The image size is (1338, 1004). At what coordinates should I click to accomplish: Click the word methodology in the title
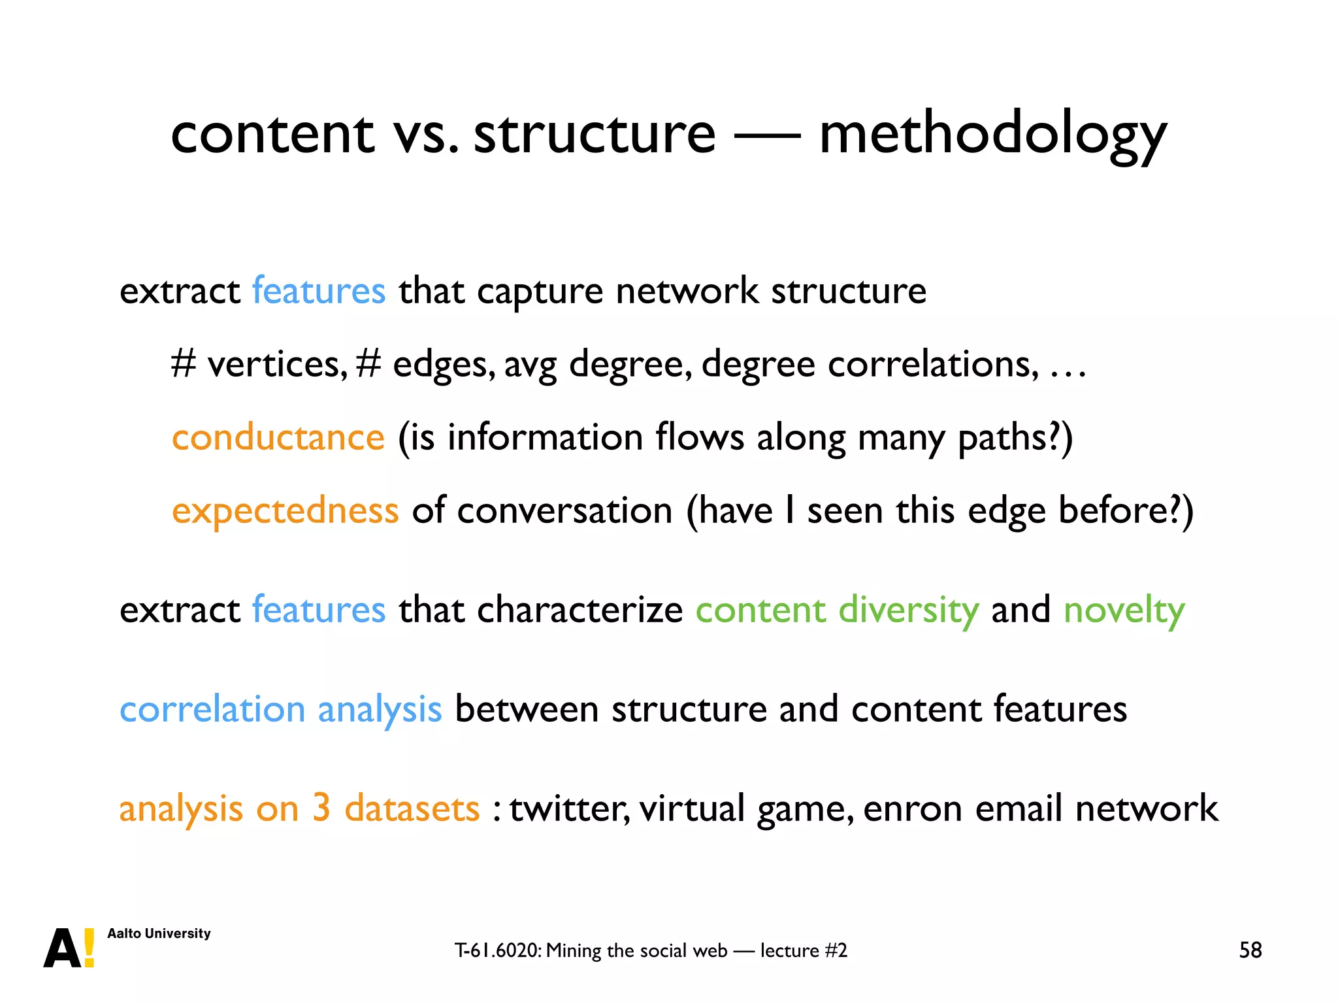(x=992, y=135)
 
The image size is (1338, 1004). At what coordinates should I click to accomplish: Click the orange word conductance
(x=278, y=437)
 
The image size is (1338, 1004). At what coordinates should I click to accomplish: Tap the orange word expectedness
(x=285, y=510)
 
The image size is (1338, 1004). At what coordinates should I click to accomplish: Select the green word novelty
(x=1124, y=611)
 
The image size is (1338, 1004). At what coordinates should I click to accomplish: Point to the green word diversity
(x=909, y=611)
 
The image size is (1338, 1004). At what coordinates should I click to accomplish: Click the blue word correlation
(x=212, y=709)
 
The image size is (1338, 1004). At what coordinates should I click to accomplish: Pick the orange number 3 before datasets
(x=321, y=807)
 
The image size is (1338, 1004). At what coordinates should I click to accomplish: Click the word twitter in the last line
(x=569, y=809)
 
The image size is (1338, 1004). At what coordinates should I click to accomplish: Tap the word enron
(x=913, y=809)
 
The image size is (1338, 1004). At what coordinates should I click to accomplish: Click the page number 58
(x=1250, y=950)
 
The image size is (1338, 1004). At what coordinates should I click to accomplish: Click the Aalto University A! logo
(x=69, y=948)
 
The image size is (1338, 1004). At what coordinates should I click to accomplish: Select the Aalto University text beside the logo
(x=159, y=933)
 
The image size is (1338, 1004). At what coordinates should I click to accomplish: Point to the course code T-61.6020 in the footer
(x=498, y=950)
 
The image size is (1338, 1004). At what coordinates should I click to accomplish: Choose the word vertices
(x=278, y=364)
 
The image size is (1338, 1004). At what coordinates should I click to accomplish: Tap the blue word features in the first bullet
(x=319, y=291)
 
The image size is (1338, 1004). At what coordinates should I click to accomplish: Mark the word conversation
(x=564, y=510)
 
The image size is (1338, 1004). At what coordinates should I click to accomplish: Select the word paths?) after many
(x=1015, y=437)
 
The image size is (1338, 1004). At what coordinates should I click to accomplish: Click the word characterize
(x=580, y=611)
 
